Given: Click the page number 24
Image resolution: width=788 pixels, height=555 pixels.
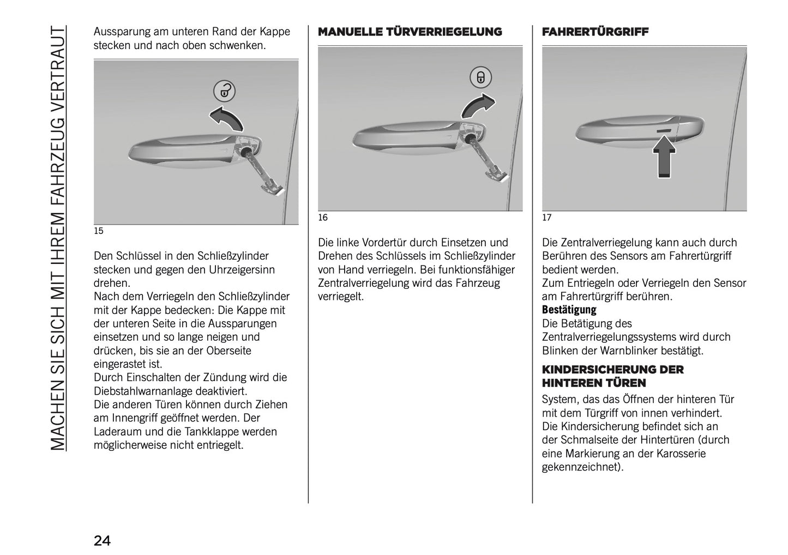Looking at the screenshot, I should [102, 541].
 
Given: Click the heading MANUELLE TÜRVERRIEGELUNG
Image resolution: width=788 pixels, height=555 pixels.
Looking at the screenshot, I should [410, 32].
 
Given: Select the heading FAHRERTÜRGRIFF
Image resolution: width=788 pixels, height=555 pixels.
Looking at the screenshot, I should [595, 32].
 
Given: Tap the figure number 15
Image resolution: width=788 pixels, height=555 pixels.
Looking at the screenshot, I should [98, 231].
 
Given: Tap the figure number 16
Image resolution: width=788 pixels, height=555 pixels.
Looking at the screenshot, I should [323, 218].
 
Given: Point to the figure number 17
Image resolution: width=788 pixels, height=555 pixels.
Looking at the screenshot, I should [546, 218].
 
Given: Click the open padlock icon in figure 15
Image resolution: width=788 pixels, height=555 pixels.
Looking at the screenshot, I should [224, 91].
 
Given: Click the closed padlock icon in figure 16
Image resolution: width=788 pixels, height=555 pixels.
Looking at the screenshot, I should [480, 77].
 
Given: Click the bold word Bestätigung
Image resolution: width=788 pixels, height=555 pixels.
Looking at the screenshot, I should [569, 310].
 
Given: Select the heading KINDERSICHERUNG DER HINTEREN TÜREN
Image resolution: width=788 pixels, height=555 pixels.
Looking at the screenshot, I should [612, 376].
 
